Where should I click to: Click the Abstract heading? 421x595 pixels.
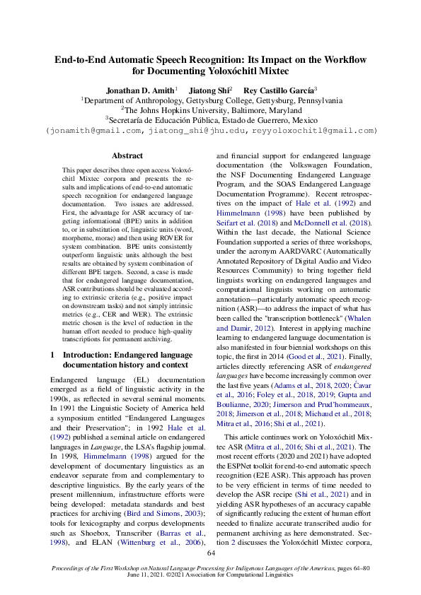click(x=127, y=155)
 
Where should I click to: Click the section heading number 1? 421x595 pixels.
click(x=53, y=354)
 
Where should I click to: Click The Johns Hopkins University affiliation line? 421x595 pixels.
click(x=211, y=110)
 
